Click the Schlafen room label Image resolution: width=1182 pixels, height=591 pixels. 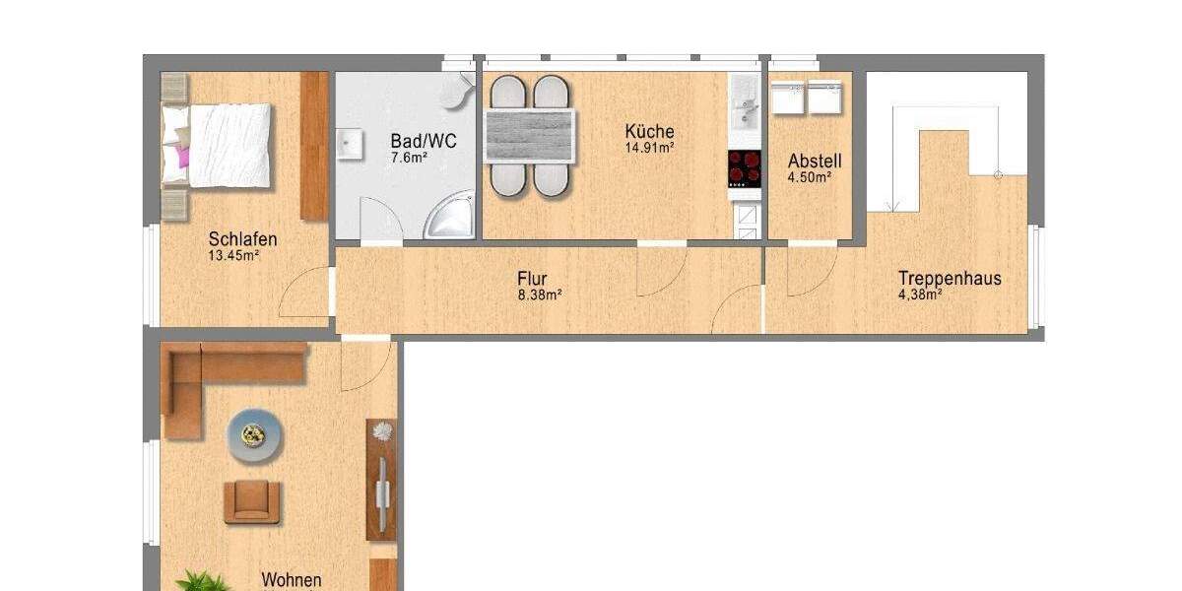click(242, 239)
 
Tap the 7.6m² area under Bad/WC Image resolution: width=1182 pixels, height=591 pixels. click(409, 157)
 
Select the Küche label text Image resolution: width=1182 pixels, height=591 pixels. click(650, 131)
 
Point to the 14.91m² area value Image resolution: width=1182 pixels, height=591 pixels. click(649, 149)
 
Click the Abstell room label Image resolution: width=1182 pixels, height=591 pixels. click(815, 161)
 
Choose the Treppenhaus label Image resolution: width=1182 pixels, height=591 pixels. click(949, 279)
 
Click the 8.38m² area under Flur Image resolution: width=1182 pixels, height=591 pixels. click(540, 295)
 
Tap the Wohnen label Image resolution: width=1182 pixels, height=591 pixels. click(291, 580)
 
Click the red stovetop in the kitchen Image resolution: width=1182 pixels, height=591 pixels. click(745, 167)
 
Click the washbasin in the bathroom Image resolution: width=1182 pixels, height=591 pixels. click(350, 145)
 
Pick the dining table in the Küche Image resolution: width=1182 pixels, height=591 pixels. click(530, 136)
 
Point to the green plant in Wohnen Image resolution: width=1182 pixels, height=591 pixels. click(202, 581)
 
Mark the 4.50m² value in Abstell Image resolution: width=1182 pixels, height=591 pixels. click(810, 178)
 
